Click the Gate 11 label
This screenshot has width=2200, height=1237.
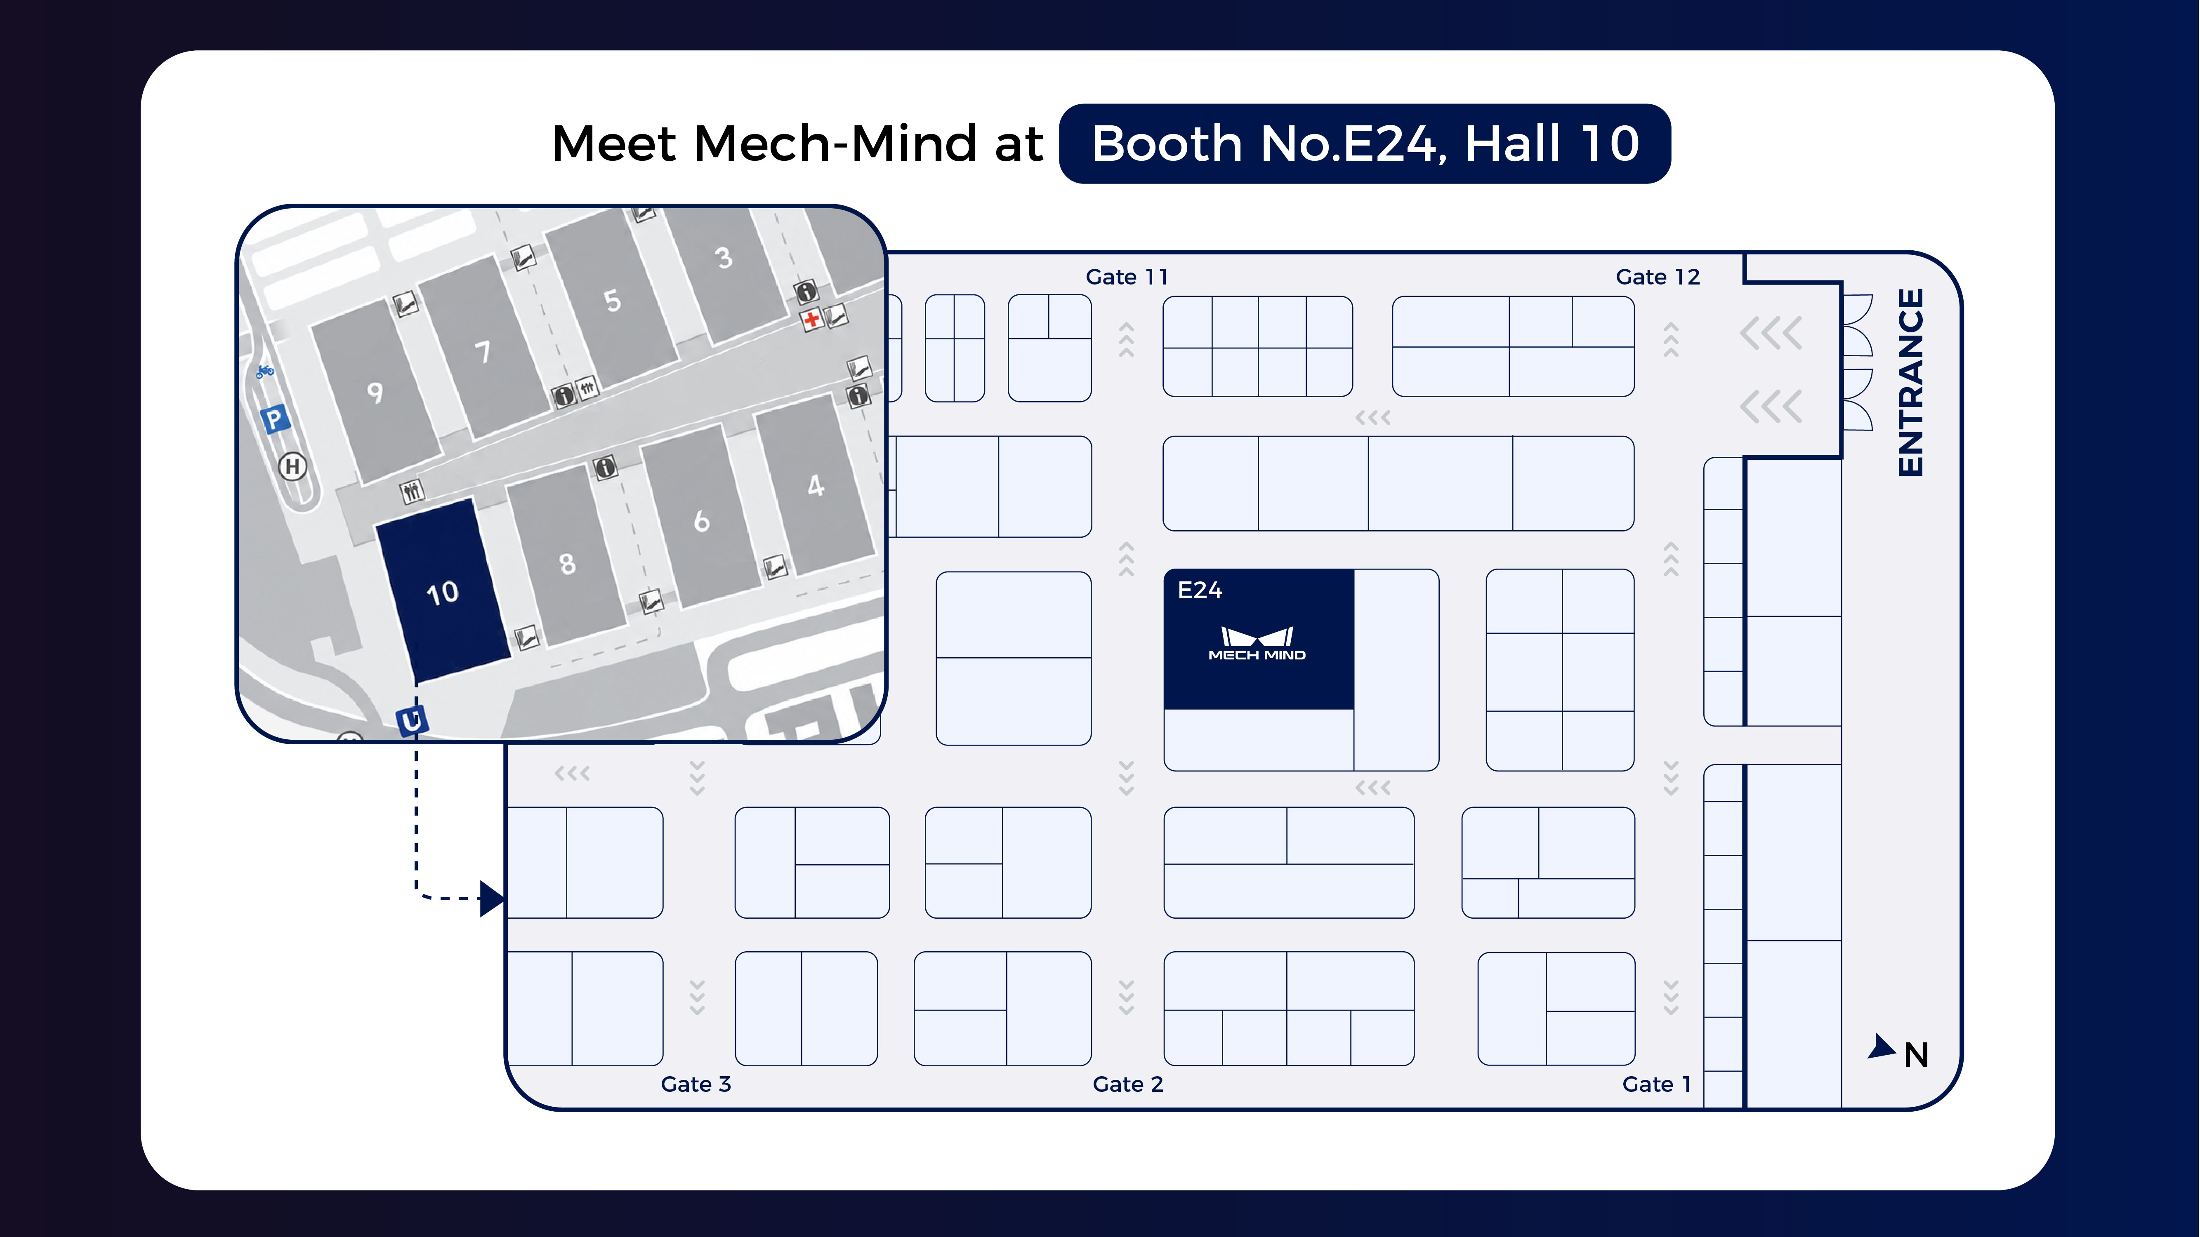(x=1127, y=277)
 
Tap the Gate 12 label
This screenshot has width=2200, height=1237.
(x=1658, y=277)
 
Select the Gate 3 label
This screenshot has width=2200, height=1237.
(x=696, y=1084)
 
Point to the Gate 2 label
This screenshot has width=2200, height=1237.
(x=1128, y=1084)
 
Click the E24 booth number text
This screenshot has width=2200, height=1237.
(x=1200, y=590)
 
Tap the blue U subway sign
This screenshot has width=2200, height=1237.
(x=411, y=720)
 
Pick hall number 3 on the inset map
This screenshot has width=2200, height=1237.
(x=724, y=258)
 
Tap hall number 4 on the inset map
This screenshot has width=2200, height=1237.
(x=816, y=486)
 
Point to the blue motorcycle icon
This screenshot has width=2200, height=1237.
(x=265, y=371)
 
